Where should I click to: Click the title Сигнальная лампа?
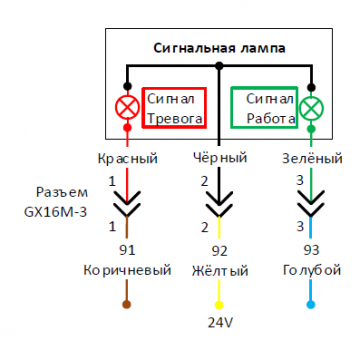pyautogui.click(x=219, y=48)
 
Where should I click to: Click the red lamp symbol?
pyautogui.click(x=127, y=108)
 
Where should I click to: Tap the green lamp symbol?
pyautogui.click(x=312, y=108)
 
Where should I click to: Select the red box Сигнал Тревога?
pyautogui.click(x=174, y=108)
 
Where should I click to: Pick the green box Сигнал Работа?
pyautogui.click(x=264, y=108)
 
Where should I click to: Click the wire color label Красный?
pyautogui.click(x=127, y=158)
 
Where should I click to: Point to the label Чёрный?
pyautogui.click(x=219, y=158)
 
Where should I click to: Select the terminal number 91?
pyautogui.click(x=127, y=250)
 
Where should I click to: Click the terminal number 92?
pyautogui.click(x=219, y=250)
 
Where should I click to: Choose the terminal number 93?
pyautogui.click(x=312, y=250)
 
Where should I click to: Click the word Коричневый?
pyautogui.click(x=127, y=271)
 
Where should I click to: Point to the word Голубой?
pyautogui.click(x=312, y=271)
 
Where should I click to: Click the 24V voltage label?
pyautogui.click(x=219, y=324)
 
